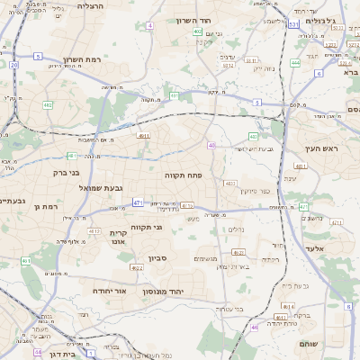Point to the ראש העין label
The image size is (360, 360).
328,149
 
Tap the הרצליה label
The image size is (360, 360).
91,6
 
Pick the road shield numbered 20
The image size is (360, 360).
13,65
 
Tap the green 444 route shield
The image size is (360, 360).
295,63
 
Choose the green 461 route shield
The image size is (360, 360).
26,262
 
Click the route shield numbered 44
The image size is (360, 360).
37,353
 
